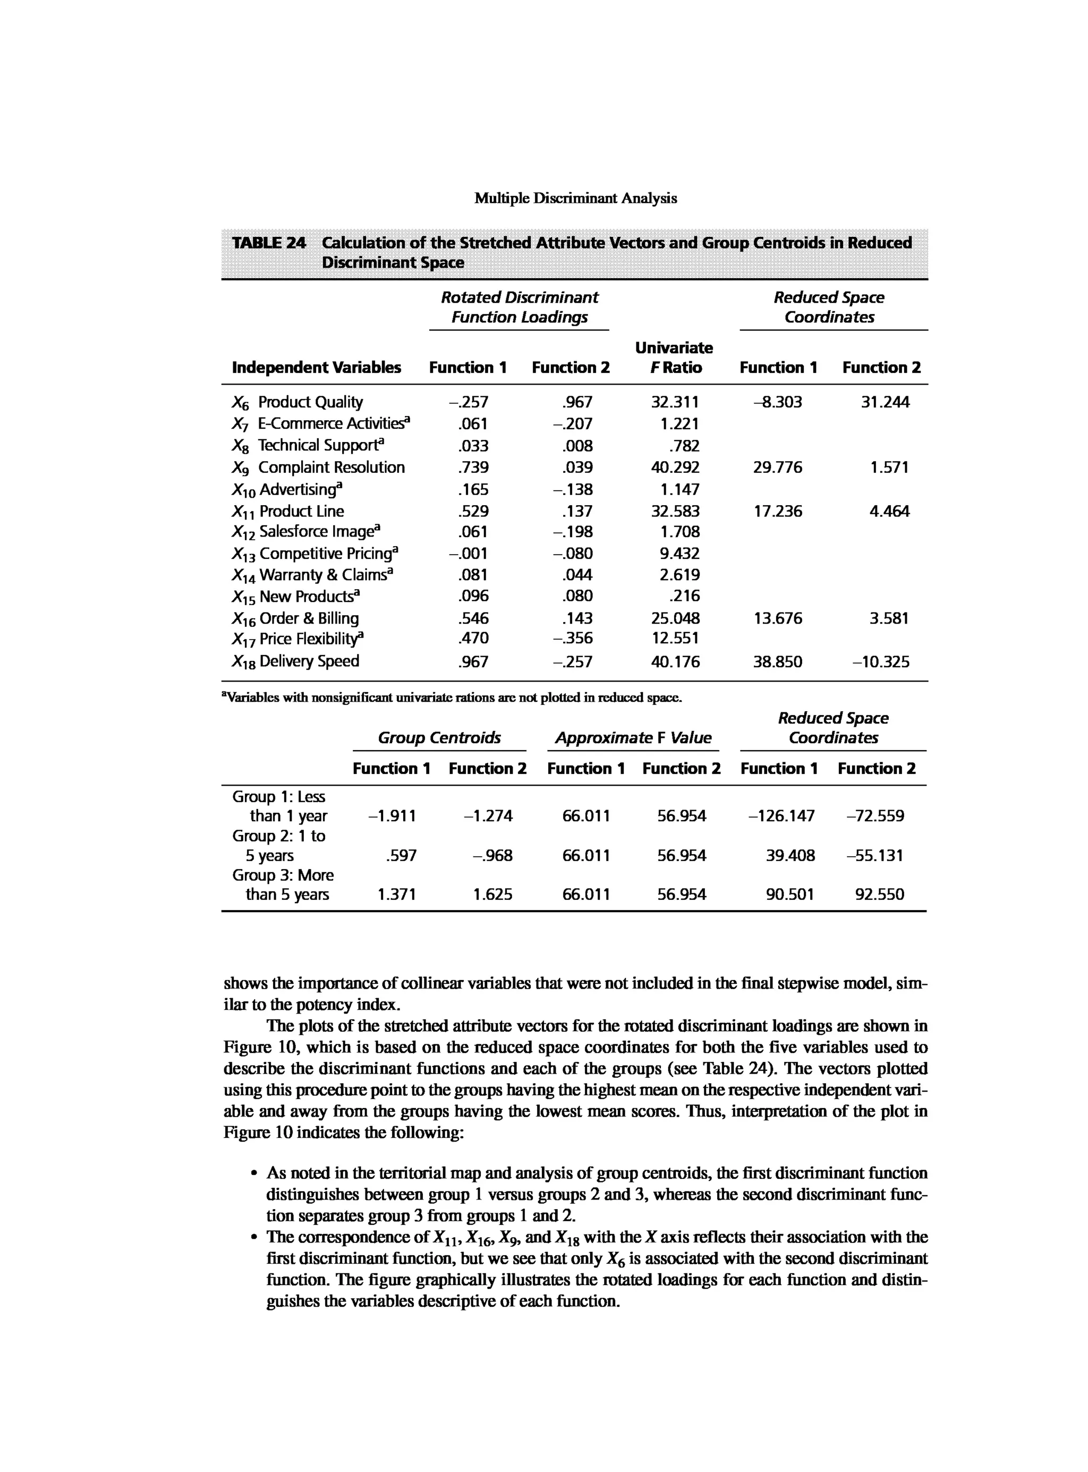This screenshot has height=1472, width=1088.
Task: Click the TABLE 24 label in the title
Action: [269, 243]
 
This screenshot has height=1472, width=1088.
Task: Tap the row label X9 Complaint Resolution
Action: [318, 467]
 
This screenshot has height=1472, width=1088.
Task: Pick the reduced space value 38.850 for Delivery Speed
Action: [778, 661]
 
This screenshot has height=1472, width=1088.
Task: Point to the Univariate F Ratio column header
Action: [674, 358]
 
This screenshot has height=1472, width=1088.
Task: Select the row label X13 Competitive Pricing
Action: [316, 553]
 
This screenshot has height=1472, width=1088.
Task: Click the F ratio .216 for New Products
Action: [684, 596]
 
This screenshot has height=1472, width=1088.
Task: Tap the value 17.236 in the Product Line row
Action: [778, 511]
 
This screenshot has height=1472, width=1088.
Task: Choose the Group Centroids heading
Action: [439, 738]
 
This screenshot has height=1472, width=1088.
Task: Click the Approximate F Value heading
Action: [633, 738]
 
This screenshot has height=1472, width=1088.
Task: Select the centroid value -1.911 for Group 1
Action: [392, 816]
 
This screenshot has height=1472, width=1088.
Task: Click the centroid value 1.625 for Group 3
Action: [492, 895]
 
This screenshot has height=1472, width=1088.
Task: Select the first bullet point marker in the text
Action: [253, 1173]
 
